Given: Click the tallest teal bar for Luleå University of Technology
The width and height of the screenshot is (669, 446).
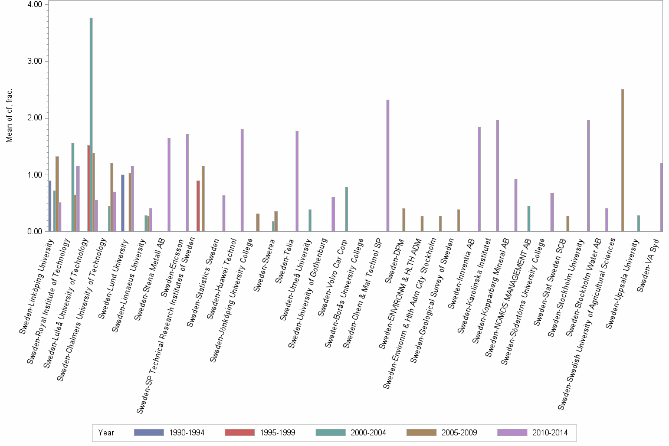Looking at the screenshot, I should tap(91, 124).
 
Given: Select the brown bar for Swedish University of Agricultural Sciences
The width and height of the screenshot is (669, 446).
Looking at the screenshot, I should tap(622, 160).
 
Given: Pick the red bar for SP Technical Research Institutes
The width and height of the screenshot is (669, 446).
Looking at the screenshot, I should tap(198, 206).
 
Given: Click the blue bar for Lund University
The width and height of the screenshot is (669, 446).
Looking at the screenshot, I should tap(123, 203).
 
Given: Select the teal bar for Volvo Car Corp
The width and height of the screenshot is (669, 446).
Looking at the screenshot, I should tap(346, 209).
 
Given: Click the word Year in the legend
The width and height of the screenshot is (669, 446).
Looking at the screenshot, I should tap(106, 433).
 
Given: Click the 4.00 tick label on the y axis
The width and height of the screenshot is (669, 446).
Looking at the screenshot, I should tap(35, 4).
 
